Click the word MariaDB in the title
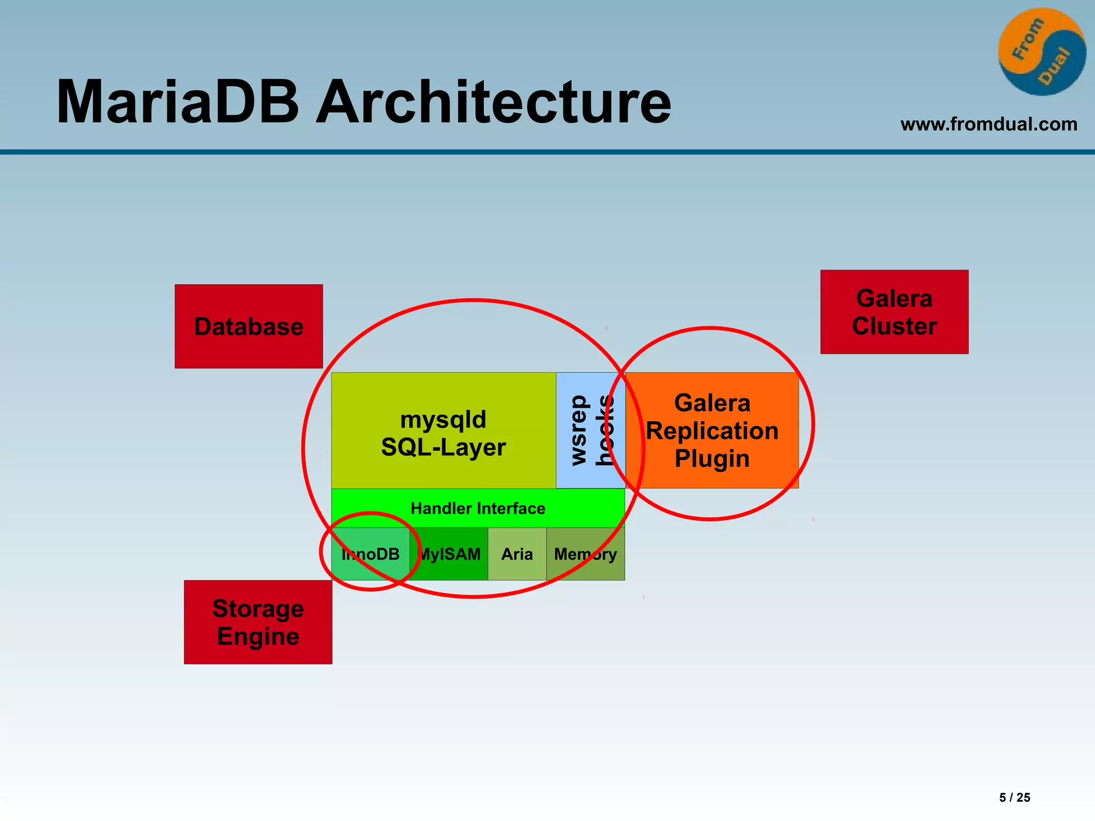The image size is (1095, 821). [x=178, y=103]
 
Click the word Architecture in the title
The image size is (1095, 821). [x=493, y=103]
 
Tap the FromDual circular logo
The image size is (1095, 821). [x=1042, y=52]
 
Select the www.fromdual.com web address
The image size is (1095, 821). [x=989, y=125]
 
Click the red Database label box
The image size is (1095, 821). [x=249, y=327]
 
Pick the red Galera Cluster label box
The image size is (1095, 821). [x=894, y=312]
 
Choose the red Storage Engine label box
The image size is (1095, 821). [x=258, y=622]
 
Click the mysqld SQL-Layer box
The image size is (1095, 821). [x=443, y=431]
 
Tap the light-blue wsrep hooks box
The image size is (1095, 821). [x=590, y=431]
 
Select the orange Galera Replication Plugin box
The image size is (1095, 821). [x=712, y=431]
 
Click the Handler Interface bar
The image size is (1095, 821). [x=477, y=508]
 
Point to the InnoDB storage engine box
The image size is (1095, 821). [x=371, y=554]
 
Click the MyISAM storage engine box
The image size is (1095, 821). [x=449, y=554]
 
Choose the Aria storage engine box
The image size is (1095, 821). [x=517, y=554]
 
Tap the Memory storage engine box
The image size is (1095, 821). [x=585, y=554]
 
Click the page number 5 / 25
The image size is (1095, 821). [x=1014, y=797]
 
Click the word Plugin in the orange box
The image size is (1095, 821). [x=712, y=459]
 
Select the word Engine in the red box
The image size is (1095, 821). [x=258, y=637]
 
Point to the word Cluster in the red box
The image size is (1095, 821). [x=894, y=327]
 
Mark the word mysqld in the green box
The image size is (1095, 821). [x=443, y=420]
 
